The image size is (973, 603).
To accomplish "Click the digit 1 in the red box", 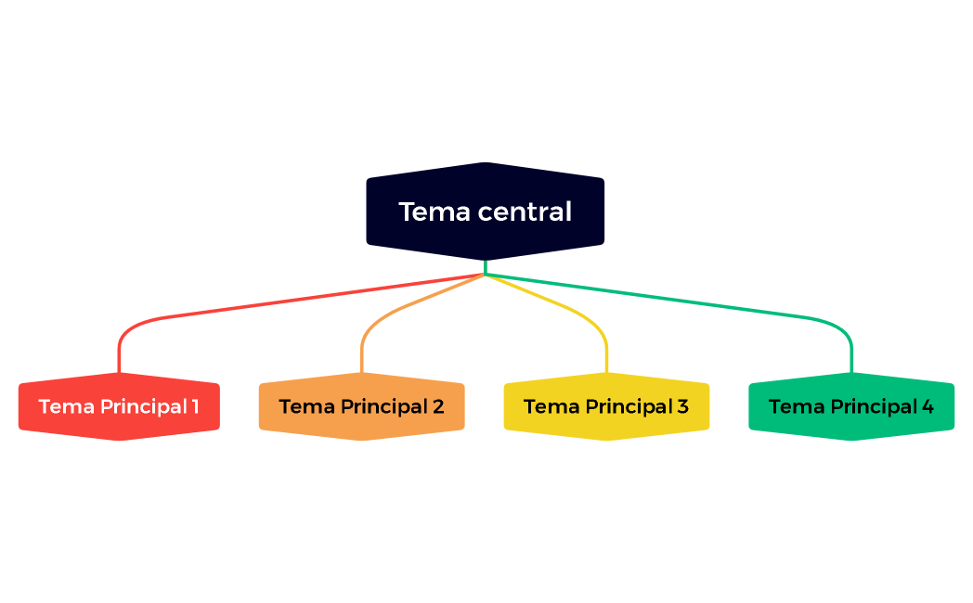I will pos(195,406).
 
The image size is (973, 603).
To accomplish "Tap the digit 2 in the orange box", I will pos(438,406).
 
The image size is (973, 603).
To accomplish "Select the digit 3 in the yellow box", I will pos(683,406).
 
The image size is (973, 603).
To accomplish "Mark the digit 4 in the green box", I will pos(928,406).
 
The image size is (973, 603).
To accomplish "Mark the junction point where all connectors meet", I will pos(486,275).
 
